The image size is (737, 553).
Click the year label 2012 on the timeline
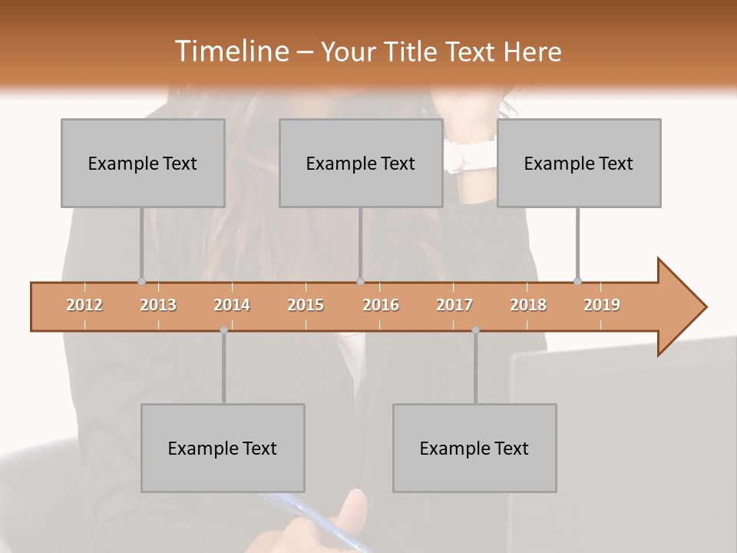(x=84, y=306)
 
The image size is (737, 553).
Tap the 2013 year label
(x=158, y=306)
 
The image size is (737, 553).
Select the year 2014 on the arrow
(x=232, y=306)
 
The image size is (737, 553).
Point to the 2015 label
(x=306, y=306)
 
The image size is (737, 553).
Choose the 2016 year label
(x=381, y=306)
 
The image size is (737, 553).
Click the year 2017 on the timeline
(x=454, y=306)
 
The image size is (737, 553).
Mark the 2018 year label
(x=528, y=306)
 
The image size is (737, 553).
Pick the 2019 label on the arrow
(x=602, y=306)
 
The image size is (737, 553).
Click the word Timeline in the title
(x=231, y=51)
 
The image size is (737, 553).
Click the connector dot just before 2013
(x=141, y=282)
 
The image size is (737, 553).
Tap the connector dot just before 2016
(x=360, y=282)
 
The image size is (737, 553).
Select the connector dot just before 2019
(x=577, y=282)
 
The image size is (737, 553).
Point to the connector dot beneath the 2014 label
(x=223, y=330)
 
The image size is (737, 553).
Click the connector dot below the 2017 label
(x=475, y=330)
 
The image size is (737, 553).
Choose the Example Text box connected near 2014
(x=223, y=448)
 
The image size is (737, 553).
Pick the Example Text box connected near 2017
(x=474, y=448)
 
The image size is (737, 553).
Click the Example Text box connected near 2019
(x=579, y=163)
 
